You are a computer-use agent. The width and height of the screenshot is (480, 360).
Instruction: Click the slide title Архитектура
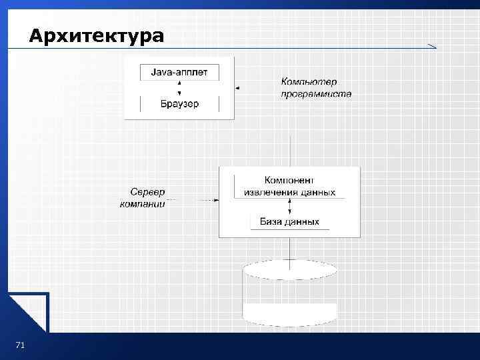click(x=96, y=35)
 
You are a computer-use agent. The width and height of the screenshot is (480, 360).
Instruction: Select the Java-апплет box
click(x=179, y=71)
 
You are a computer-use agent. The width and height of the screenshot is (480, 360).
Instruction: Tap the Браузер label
click(x=179, y=104)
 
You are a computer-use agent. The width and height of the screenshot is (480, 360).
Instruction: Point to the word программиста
click(x=316, y=94)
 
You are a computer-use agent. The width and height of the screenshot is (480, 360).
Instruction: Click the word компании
click(x=142, y=203)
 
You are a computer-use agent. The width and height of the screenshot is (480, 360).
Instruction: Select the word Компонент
click(x=289, y=180)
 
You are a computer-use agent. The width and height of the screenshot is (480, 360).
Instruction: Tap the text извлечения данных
click(x=289, y=193)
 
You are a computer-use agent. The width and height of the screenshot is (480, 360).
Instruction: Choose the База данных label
click(x=289, y=222)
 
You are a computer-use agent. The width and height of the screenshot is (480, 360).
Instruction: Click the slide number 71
click(x=19, y=345)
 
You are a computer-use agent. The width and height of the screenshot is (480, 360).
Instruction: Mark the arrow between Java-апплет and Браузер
click(x=179, y=88)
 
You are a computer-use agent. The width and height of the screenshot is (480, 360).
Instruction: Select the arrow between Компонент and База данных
click(x=289, y=207)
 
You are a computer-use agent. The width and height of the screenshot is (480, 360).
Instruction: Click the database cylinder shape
click(x=289, y=293)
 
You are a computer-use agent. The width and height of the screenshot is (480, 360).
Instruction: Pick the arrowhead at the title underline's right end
click(x=432, y=46)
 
